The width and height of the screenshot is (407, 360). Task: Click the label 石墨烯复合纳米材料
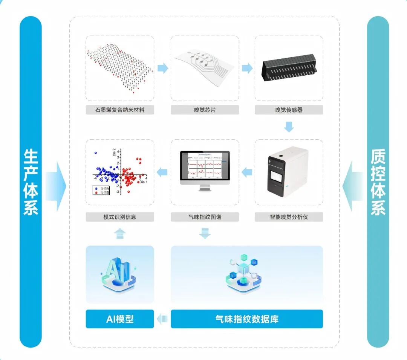pos(120,110)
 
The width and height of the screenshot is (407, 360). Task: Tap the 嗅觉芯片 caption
pos(205,110)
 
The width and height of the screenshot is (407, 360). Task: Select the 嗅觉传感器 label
pos(289,110)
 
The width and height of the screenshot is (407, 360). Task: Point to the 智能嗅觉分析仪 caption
pos(289,217)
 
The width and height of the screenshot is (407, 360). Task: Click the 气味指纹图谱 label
pos(205,217)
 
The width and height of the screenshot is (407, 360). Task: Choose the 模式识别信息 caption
pos(120,217)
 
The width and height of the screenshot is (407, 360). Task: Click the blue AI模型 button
pos(120,319)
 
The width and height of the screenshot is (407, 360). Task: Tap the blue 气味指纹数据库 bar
pos(247,319)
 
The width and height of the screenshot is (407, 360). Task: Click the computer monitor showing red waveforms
pos(205,168)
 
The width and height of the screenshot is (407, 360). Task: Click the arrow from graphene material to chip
pos(162,68)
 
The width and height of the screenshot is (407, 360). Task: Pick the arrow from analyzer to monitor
pos(247,172)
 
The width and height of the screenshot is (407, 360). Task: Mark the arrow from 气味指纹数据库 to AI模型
pos(162,319)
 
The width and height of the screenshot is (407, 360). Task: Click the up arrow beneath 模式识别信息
pos(120,233)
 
